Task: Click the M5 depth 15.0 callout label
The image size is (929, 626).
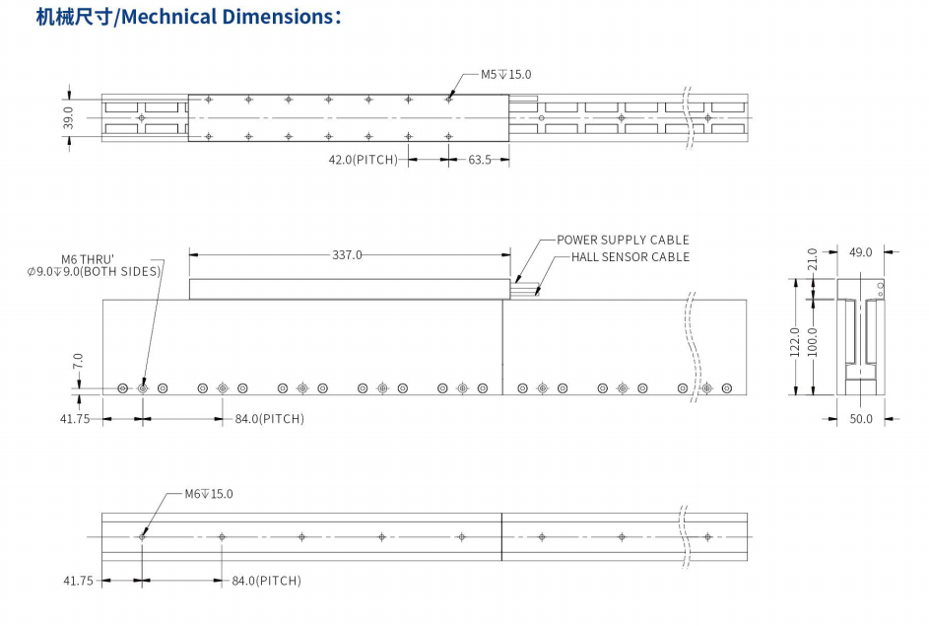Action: [505, 74]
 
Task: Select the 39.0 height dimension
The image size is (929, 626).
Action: [69, 118]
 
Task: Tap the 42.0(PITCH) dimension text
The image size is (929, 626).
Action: [363, 159]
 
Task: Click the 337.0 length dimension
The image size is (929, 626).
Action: [347, 254]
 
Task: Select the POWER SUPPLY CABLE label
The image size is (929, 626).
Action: [623, 240]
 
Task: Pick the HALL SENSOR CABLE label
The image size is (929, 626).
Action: [630, 257]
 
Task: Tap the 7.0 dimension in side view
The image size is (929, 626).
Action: [78, 364]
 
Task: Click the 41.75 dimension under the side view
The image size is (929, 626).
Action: [74, 419]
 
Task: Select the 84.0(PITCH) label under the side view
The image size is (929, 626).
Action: [269, 419]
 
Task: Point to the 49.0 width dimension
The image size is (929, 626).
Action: [860, 252]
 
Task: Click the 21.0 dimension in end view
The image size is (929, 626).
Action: [813, 258]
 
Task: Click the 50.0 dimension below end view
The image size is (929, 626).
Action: [861, 419]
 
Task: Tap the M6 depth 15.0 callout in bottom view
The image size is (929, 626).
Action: [209, 494]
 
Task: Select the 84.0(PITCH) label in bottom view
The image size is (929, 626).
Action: [266, 581]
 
